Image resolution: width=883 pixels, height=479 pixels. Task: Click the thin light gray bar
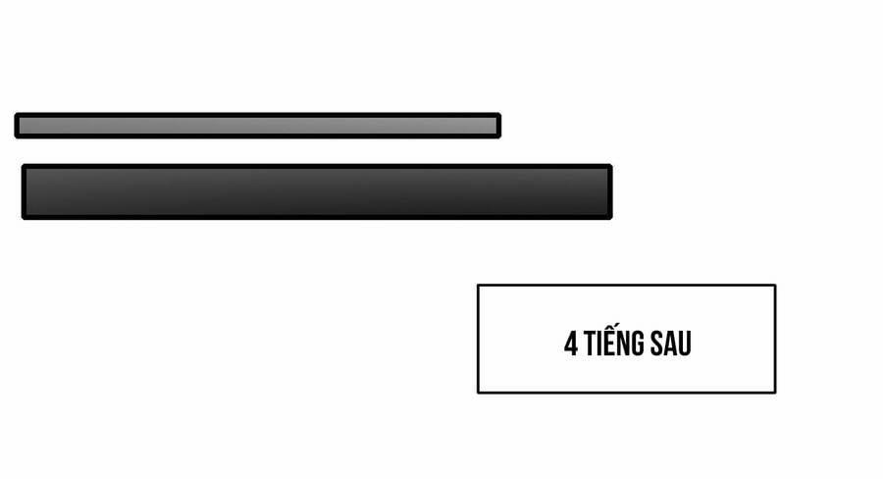pos(257,125)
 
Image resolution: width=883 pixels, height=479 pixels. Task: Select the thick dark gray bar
pos(317,191)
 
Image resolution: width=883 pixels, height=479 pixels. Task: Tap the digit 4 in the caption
pos(570,344)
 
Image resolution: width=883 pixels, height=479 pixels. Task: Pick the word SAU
pos(671,344)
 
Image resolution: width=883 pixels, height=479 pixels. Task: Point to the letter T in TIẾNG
pos(590,344)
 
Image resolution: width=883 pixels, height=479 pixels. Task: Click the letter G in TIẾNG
pos(637,344)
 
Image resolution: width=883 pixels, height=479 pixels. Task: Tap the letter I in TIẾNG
pos(599,344)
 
